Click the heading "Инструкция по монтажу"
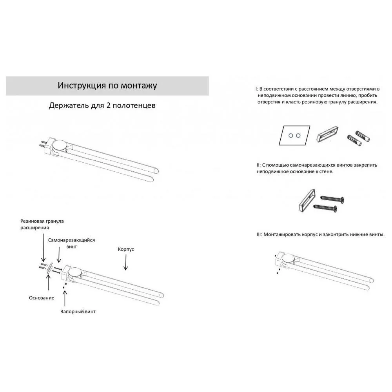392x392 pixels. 107,85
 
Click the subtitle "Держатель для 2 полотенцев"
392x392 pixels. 102,106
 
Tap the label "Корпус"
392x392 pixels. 126,249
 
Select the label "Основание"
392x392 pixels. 41,298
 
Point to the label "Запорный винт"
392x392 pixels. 78,312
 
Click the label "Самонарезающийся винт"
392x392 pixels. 71,243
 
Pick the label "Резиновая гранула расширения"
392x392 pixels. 42,224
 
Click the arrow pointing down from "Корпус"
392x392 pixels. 126,263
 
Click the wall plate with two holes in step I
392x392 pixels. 294,135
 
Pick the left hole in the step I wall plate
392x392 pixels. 290,135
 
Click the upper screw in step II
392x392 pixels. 332,199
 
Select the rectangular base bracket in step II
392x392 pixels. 306,200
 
